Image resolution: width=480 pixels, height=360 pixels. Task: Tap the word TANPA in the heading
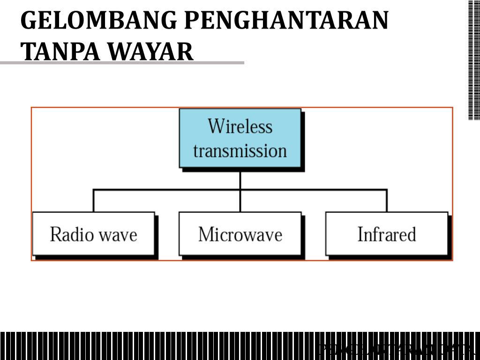point(52,52)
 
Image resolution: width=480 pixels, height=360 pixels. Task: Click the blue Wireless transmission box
point(240,138)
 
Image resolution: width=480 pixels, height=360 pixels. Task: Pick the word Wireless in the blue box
point(240,126)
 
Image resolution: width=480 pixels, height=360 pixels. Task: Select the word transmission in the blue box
point(240,151)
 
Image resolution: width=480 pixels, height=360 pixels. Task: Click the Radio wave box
point(93,233)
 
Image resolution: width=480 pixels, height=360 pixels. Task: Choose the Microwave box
point(240,233)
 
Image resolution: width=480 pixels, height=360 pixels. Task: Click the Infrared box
point(387,233)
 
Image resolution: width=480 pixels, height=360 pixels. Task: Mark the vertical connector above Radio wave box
point(93,201)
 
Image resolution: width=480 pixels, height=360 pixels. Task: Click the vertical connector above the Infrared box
point(387,201)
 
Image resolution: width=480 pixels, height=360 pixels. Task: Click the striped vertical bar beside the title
point(474,60)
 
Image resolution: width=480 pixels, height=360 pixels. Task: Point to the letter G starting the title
point(29,21)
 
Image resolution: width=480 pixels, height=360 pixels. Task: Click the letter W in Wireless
point(216,126)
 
